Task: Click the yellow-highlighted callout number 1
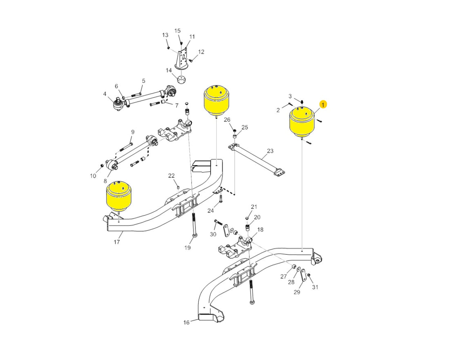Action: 323,105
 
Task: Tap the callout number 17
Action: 117,242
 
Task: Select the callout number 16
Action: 186,322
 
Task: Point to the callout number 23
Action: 270,151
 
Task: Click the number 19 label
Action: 188,248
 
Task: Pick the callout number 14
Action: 169,70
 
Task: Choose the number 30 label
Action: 213,234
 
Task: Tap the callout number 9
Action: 133,132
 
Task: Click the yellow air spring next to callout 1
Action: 302,123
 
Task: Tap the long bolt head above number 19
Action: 195,235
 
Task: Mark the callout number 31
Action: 315,287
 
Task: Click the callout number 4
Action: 104,94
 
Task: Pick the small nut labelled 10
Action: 102,165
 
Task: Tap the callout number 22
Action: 171,176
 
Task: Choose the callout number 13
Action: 165,35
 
